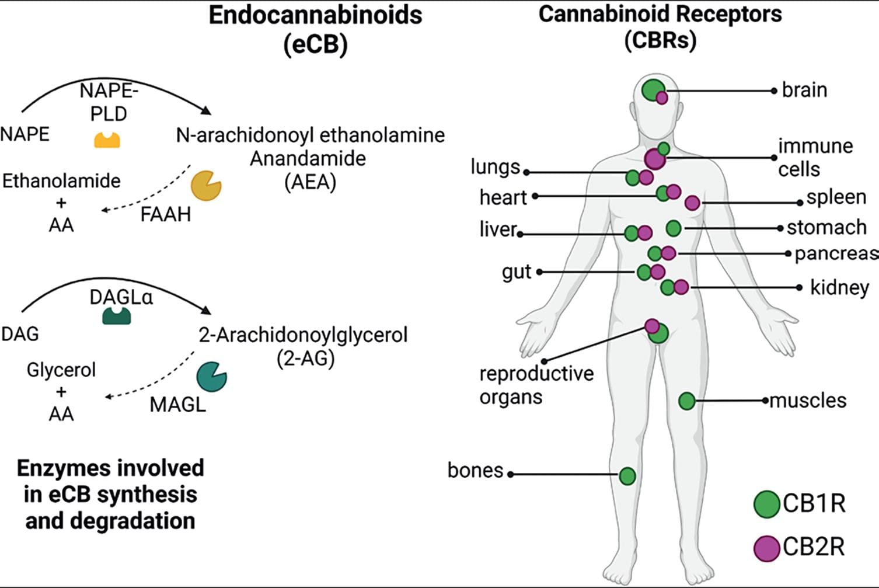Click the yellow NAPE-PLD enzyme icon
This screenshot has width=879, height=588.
tap(107, 140)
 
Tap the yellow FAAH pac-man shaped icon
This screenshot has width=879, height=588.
tap(205, 186)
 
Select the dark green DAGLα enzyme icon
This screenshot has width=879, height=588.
tap(117, 316)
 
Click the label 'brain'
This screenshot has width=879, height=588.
tap(804, 90)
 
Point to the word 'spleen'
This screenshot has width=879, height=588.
tap(836, 197)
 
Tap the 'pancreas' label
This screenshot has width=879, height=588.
tap(836, 253)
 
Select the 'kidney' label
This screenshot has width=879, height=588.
tap(839, 287)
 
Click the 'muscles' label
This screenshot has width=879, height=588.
tap(808, 401)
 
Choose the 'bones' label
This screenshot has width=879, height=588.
tap(475, 470)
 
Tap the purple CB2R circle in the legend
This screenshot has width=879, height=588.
tap(766, 548)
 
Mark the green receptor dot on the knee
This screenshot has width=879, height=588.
tap(627, 476)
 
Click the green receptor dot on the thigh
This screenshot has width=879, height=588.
tap(687, 401)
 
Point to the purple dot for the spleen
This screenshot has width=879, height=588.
tap(692, 203)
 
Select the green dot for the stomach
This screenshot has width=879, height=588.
tap(674, 228)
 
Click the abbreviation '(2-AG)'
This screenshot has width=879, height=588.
tap(305, 358)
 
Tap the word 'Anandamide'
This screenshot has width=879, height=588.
tap(308, 158)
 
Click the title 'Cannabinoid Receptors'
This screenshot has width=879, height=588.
tap(660, 14)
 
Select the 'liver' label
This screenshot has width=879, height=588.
tap(498, 229)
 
